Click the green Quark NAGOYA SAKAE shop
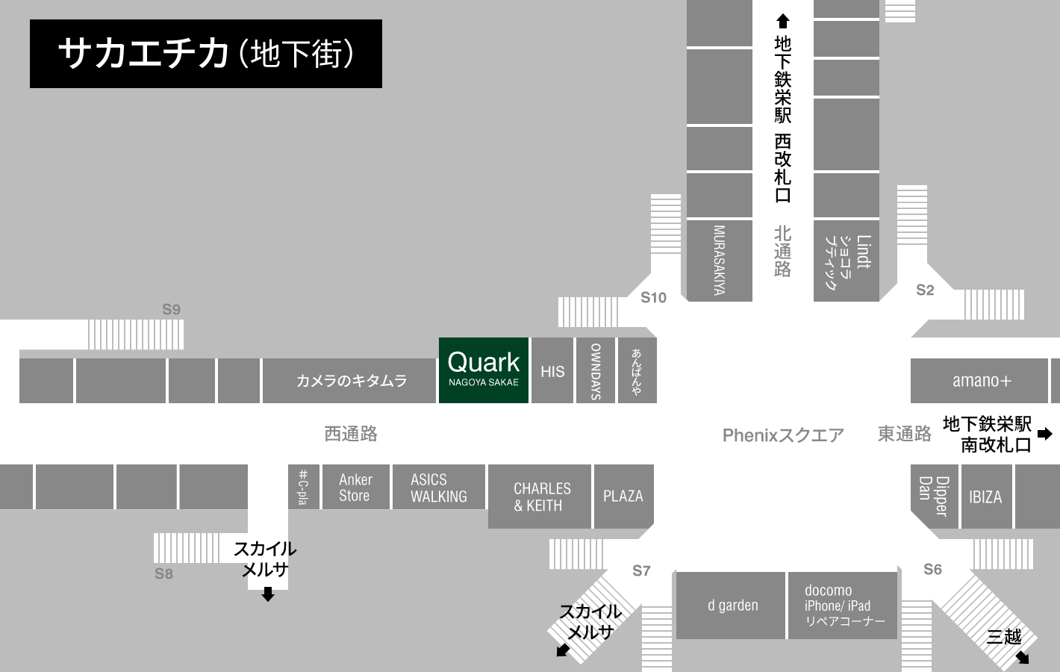[x=483, y=370]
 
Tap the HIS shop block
[x=552, y=371]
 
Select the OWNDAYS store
[x=596, y=371]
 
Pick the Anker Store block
[x=355, y=488]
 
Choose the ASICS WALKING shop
[x=438, y=488]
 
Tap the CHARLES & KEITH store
[x=541, y=497]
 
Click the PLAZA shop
[x=623, y=496]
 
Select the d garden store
[x=732, y=606]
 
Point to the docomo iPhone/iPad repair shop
[x=843, y=606]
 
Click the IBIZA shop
[x=985, y=497]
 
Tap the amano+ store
[x=981, y=381]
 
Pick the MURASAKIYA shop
[x=719, y=260]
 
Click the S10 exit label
[x=653, y=298]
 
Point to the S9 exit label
[x=172, y=309]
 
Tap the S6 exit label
[x=932, y=569]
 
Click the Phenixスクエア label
[x=783, y=435]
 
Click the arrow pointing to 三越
[x=1023, y=657]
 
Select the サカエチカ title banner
[x=206, y=54]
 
